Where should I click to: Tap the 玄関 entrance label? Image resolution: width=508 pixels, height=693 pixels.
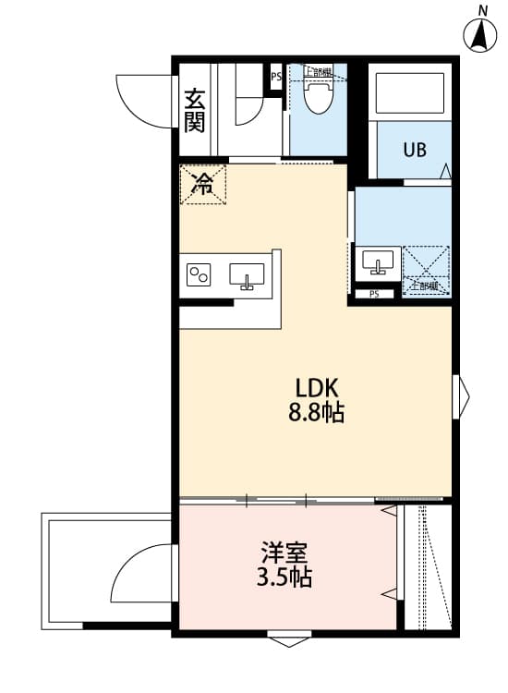click(194, 110)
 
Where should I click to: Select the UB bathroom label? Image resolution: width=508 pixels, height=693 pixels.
click(414, 150)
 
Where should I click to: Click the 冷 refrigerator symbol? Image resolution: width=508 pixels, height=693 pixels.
click(201, 184)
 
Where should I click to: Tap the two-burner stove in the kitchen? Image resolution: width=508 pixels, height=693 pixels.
click(200, 275)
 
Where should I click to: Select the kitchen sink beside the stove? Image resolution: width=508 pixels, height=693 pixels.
click(247, 275)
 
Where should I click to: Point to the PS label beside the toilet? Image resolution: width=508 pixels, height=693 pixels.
click(275, 78)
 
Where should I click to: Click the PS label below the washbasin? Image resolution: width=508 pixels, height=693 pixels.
click(373, 295)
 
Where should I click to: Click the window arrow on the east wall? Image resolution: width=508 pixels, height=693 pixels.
click(461, 395)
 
